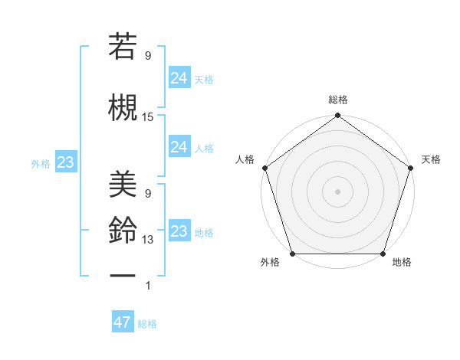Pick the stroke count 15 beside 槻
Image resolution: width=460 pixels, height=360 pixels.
pyautogui.click(x=148, y=117)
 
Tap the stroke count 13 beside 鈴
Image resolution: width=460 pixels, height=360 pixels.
pyautogui.click(x=148, y=240)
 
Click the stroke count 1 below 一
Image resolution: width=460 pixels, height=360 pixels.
pyautogui.click(x=148, y=286)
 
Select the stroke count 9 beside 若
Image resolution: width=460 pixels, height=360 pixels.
pyautogui.click(x=148, y=55)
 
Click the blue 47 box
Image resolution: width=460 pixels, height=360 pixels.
pyautogui.click(x=123, y=322)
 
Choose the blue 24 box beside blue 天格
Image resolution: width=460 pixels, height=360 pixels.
pyautogui.click(x=179, y=78)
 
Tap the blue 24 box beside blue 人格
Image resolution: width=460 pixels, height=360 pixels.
pyautogui.click(x=179, y=147)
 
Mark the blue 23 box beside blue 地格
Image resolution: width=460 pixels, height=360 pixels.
pyautogui.click(x=179, y=231)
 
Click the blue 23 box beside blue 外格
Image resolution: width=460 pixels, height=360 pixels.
pyautogui.click(x=64, y=162)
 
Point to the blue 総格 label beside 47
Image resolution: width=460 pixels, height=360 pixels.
pyautogui.click(x=147, y=324)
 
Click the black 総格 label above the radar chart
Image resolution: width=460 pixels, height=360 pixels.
pyautogui.click(x=337, y=100)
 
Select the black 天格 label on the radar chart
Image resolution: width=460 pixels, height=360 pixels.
pyautogui.click(x=431, y=159)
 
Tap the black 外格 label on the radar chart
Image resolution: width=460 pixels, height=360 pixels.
pyautogui.click(x=270, y=263)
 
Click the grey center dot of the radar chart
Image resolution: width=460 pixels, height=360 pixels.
pyautogui.click(x=337, y=191)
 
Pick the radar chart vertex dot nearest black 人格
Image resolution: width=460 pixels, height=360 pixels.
pyautogui.click(x=265, y=168)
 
